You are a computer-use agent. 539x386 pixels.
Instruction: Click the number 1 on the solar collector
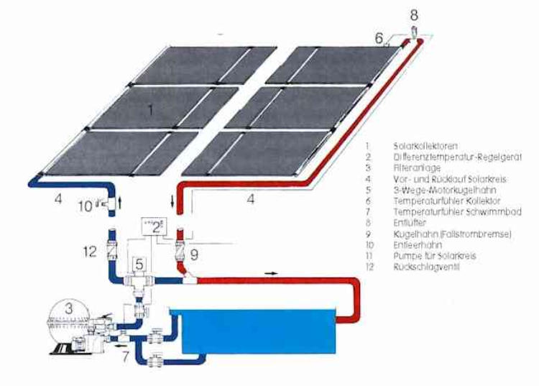coord(149,110)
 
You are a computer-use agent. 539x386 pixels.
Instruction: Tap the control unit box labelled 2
coord(155,228)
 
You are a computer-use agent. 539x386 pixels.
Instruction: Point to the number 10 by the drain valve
coord(86,206)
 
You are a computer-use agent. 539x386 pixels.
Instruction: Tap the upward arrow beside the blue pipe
coord(120,204)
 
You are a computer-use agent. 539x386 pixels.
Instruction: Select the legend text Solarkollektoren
coord(423,144)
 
